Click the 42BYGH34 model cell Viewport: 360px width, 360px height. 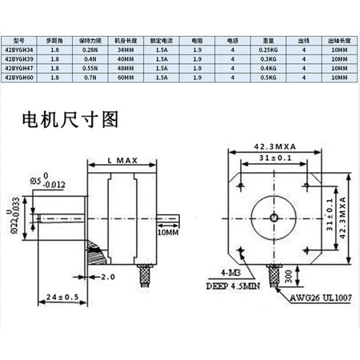click(21, 49)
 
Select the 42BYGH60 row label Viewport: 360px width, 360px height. click(21, 78)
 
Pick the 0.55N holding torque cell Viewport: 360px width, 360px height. click(96, 69)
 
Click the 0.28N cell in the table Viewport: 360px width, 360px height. click(96, 49)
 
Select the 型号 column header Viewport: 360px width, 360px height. click(21, 38)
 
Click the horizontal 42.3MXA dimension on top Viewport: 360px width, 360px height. click(275, 146)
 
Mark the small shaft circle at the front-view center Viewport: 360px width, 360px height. click(274, 216)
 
